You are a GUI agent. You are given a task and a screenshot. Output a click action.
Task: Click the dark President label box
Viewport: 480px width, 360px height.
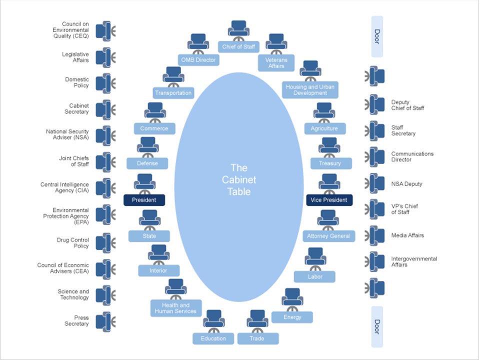click(144, 200)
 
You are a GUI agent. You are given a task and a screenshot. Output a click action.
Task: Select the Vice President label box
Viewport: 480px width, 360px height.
click(329, 200)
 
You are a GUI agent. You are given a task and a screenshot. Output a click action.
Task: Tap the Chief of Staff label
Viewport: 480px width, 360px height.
click(238, 47)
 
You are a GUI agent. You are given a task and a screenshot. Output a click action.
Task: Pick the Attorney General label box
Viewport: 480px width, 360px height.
click(329, 236)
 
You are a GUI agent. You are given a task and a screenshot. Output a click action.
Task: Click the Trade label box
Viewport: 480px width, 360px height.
click(257, 338)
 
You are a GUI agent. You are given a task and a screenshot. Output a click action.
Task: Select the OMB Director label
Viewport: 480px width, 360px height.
click(198, 60)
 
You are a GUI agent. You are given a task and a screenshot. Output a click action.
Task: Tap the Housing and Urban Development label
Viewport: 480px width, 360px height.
click(310, 90)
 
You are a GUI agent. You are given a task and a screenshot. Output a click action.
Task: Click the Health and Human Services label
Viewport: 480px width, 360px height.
click(176, 308)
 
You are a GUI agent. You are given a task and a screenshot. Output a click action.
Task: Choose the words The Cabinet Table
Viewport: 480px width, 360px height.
click(238, 179)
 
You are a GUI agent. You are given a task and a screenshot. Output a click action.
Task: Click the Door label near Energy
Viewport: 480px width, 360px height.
click(377, 326)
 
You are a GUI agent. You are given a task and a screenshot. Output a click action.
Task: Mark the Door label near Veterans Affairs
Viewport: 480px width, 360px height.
click(377, 36)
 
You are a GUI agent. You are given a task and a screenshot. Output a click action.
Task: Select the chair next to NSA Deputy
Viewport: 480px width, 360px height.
click(376, 183)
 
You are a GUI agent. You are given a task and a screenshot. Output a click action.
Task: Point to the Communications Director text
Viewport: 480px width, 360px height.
click(412, 157)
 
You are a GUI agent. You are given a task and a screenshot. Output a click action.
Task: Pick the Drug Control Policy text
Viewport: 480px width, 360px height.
click(73, 243)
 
